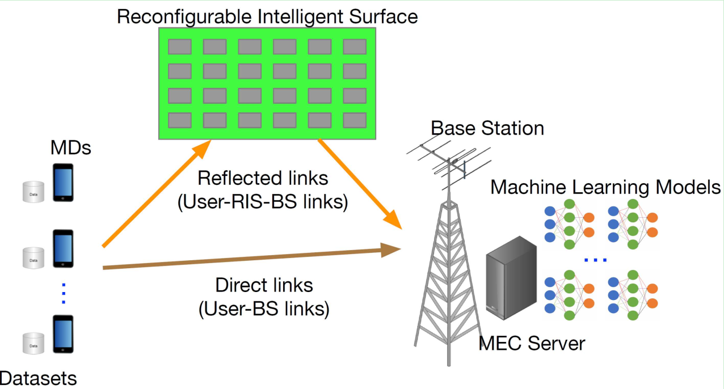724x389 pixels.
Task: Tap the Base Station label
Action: pyautogui.click(x=487, y=128)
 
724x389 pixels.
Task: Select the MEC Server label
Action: pyautogui.click(x=532, y=343)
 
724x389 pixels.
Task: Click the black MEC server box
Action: pyautogui.click(x=511, y=284)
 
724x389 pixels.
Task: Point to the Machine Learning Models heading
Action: pyautogui.click(x=605, y=187)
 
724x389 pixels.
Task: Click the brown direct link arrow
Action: pyautogui.click(x=250, y=257)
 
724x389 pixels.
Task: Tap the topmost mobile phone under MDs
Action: pyautogui.click(x=63, y=182)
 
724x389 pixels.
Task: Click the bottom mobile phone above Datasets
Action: pyautogui.click(x=63, y=334)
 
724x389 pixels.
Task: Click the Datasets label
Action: pyautogui.click(x=38, y=378)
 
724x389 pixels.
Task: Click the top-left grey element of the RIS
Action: pyautogui.click(x=179, y=46)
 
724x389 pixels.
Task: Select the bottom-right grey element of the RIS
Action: pyautogui.click(x=355, y=120)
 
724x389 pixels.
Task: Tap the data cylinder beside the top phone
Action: pyautogui.click(x=33, y=192)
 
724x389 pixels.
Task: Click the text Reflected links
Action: pyautogui.click(x=263, y=178)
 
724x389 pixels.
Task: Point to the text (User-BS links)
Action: pyautogui.click(x=264, y=309)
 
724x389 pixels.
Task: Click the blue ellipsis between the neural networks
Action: pyautogui.click(x=596, y=260)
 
